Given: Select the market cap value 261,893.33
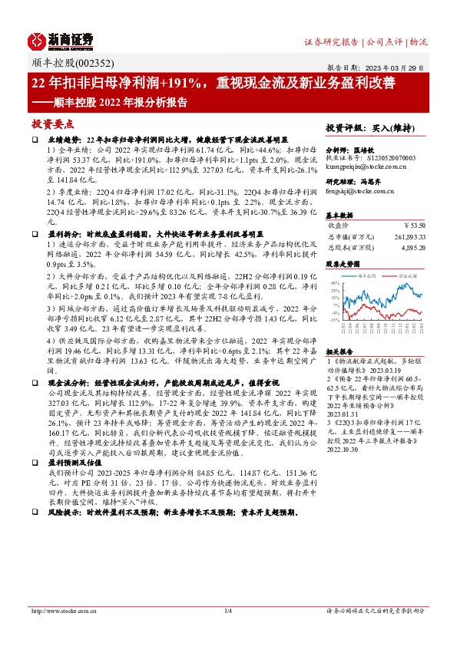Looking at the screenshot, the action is tap(407, 237).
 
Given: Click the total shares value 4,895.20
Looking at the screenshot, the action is tap(412, 248).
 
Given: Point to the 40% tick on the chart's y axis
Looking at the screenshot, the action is tap(336, 284).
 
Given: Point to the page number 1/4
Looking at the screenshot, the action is tap(227, 611).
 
